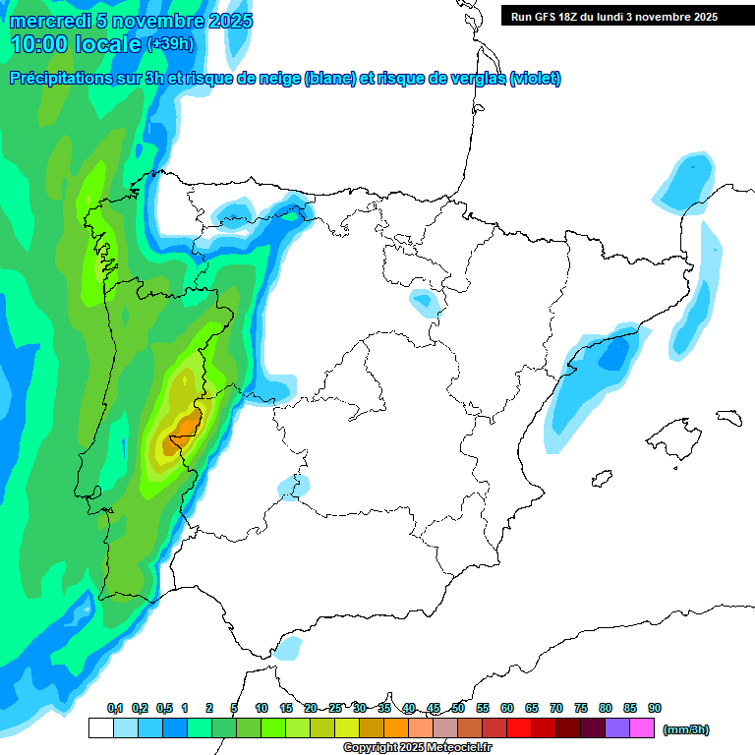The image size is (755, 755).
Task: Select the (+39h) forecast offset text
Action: (170, 44)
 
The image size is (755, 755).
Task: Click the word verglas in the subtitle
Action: (476, 79)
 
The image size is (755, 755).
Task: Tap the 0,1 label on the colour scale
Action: (115, 708)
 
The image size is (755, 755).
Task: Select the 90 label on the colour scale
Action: (655, 708)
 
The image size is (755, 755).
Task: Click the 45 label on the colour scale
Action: (434, 708)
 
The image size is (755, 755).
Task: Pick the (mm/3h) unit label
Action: (685, 729)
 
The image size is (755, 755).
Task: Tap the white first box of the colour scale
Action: (100, 728)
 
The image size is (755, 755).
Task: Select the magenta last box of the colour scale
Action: (642, 728)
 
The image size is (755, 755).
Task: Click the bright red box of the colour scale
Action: (519, 728)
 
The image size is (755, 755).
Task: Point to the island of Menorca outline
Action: (727, 417)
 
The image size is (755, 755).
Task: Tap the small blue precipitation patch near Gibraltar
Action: (289, 647)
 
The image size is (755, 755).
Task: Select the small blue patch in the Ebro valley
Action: (427, 301)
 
